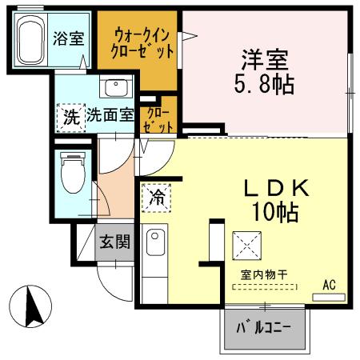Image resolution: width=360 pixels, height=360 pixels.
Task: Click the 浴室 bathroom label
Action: pos(69,38)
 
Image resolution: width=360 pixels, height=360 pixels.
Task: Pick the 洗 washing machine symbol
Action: pos(70,116)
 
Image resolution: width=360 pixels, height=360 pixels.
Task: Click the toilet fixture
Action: pos(73,171)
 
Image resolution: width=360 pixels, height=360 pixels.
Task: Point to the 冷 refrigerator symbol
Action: pos(156,197)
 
